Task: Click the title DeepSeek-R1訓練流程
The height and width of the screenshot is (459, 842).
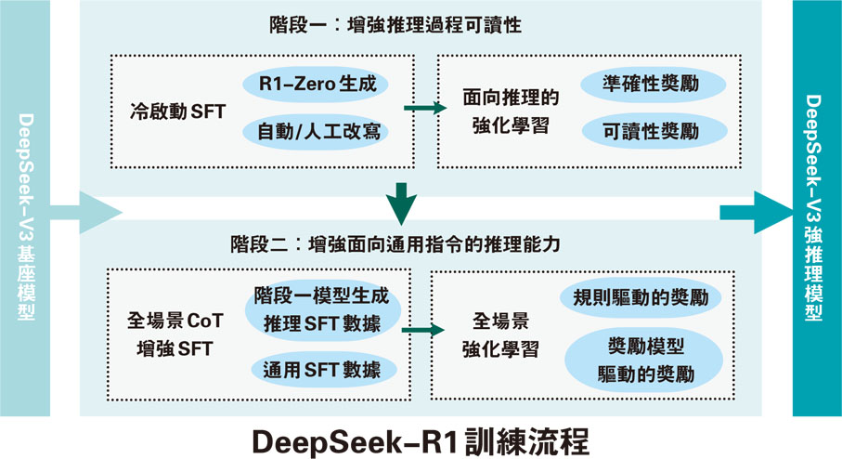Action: pyautogui.click(x=420, y=439)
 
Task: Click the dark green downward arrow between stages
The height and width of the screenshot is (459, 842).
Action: pyautogui.click(x=401, y=204)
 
